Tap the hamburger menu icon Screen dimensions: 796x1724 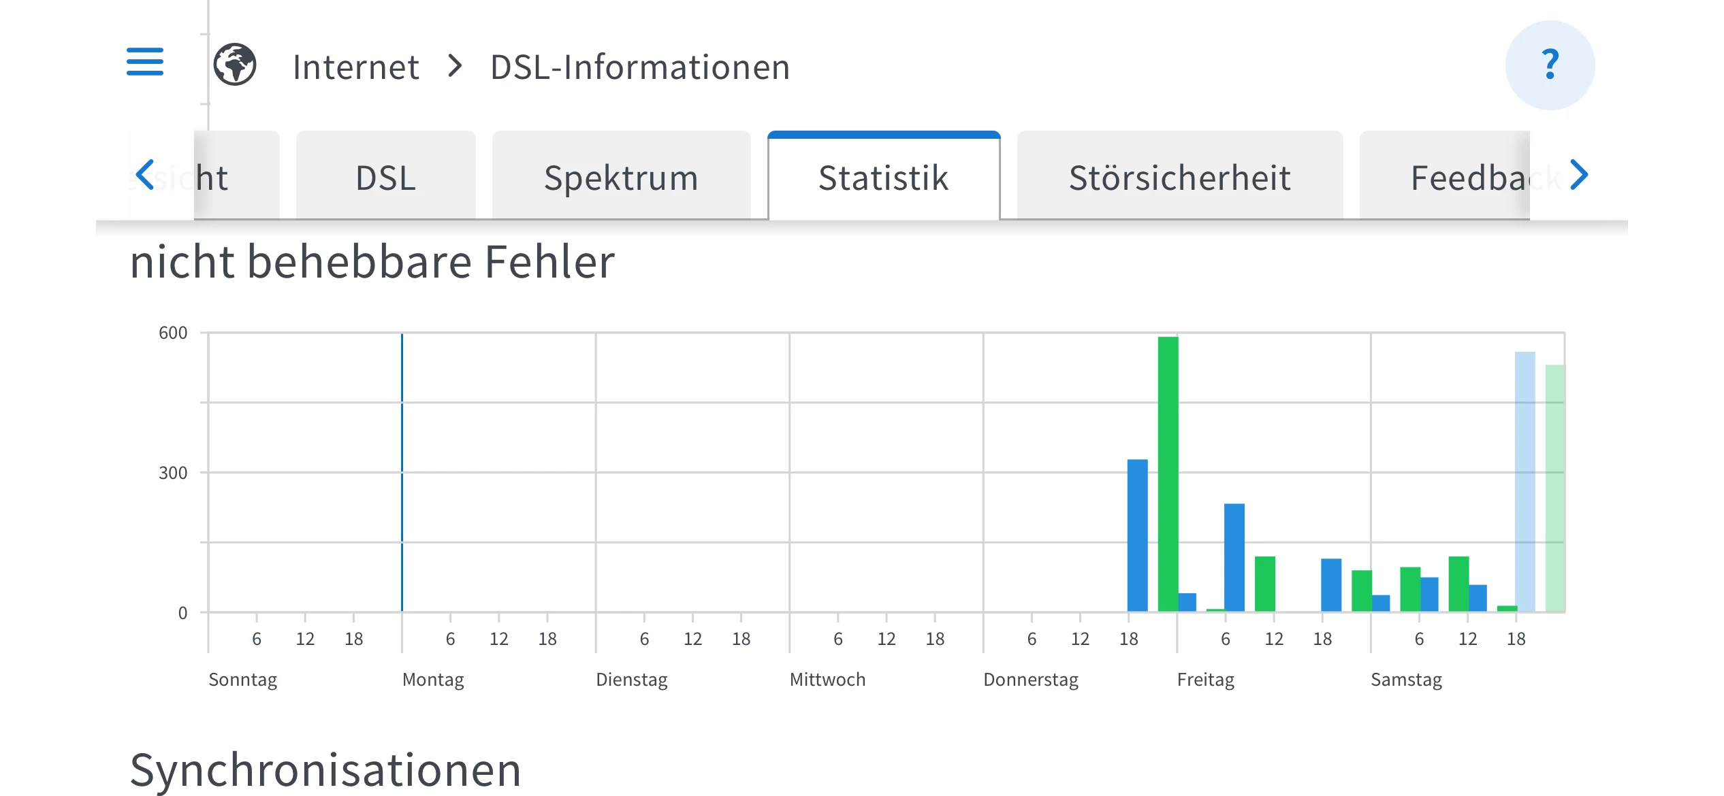click(145, 62)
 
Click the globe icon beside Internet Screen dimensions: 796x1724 click(235, 65)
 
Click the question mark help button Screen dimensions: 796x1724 click(1550, 65)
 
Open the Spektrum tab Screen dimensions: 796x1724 click(621, 178)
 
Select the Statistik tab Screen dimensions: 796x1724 click(883, 178)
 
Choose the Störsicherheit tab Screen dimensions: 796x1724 click(1179, 178)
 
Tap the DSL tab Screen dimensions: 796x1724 click(385, 178)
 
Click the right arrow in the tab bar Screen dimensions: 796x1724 click(1579, 175)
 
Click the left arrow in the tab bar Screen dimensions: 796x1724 click(145, 175)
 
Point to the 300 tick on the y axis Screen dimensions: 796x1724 click(173, 473)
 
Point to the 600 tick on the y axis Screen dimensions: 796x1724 click(173, 333)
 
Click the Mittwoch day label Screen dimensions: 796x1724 click(827, 680)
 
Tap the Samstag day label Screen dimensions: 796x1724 click(1406, 680)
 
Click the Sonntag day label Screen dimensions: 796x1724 click(242, 680)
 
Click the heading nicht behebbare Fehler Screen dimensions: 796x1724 click(372, 262)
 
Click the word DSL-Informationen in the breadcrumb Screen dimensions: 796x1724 click(639, 67)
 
